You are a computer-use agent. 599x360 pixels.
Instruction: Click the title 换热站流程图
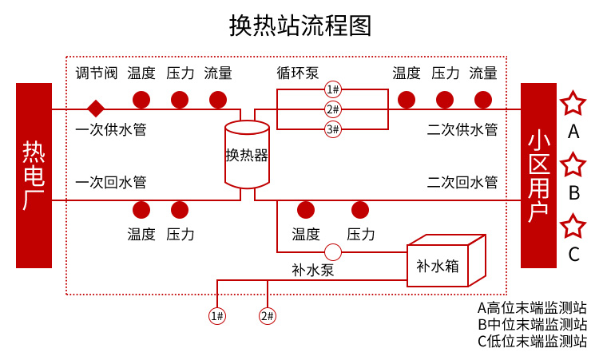[x=299, y=26]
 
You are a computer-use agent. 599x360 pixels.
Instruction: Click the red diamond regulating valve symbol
[x=96, y=108]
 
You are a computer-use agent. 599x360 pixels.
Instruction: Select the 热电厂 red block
[x=33, y=175]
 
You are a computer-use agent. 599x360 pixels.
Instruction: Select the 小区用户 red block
[x=538, y=175]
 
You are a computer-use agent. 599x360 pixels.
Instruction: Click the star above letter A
[x=573, y=104]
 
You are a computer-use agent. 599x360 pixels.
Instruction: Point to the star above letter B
[x=573, y=165]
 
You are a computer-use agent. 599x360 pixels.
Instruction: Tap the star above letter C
[x=573, y=227]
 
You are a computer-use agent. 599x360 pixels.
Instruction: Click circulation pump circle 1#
[x=332, y=89]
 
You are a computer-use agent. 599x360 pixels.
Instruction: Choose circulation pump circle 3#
[x=332, y=129]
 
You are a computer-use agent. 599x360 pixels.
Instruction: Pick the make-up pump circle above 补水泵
[x=333, y=252]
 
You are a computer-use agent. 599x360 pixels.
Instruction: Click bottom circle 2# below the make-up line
[x=267, y=315]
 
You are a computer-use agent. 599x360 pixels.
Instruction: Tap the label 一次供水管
[x=111, y=129]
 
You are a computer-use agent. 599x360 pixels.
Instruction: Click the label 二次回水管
[x=462, y=182]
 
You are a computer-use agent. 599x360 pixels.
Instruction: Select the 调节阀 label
[x=97, y=73]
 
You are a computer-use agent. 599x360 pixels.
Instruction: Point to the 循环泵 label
[x=298, y=73]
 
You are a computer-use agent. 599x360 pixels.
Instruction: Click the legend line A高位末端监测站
[x=532, y=307]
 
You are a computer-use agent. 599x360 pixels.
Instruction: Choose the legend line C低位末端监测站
[x=532, y=342]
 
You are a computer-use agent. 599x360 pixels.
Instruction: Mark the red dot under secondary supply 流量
[x=483, y=100]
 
